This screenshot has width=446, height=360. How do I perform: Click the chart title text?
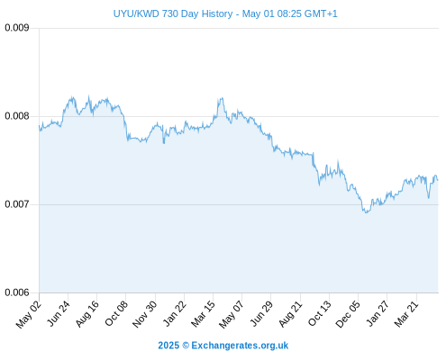(225, 13)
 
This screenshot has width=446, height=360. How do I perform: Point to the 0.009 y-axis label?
(17, 28)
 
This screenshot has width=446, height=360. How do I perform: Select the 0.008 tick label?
(17, 116)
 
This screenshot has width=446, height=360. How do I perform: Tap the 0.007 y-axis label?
(17, 204)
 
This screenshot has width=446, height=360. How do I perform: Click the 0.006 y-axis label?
(17, 292)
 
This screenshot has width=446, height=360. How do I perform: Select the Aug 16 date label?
(86, 314)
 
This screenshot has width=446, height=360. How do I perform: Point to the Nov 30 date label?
(144, 314)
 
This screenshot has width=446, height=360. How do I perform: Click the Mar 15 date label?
(203, 314)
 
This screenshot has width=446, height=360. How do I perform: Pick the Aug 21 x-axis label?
(290, 314)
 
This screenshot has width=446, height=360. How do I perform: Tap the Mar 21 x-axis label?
(406, 314)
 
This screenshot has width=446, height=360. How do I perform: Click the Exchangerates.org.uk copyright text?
(223, 346)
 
